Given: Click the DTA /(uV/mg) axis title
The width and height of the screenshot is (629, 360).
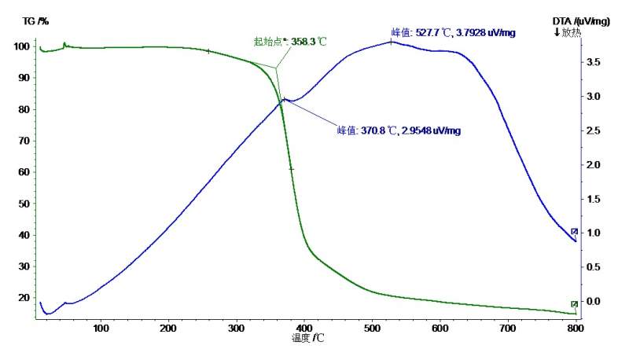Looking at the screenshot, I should click(582, 21).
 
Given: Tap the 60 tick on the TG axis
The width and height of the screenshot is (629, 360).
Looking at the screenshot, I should click(22, 172).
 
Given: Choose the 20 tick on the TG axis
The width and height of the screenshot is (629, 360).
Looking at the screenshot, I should click(22, 298).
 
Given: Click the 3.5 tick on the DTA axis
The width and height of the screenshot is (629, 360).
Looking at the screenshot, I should click(594, 61).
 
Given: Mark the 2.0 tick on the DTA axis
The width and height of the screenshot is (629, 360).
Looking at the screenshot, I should click(594, 164).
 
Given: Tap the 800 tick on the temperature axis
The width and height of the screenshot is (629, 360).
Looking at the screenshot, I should click(576, 328).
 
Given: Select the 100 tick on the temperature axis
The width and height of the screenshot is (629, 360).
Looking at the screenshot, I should click(100, 328).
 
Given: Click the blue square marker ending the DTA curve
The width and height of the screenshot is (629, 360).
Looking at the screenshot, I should click(574, 231).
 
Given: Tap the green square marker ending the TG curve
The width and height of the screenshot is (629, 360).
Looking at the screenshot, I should click(574, 304).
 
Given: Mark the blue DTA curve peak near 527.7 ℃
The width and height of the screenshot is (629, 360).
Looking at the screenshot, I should click(391, 42).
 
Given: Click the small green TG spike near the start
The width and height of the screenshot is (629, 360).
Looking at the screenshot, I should click(64, 44).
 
